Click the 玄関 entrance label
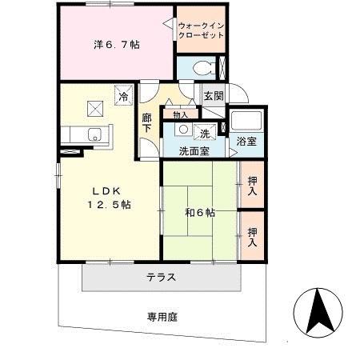[x=213, y=96]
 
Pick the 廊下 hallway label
[x=147, y=123]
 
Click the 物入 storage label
[x=180, y=114]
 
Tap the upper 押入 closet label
[x=253, y=186]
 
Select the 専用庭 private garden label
[x=162, y=317]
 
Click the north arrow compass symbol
[x=320, y=314]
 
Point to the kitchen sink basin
[x=93, y=134]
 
